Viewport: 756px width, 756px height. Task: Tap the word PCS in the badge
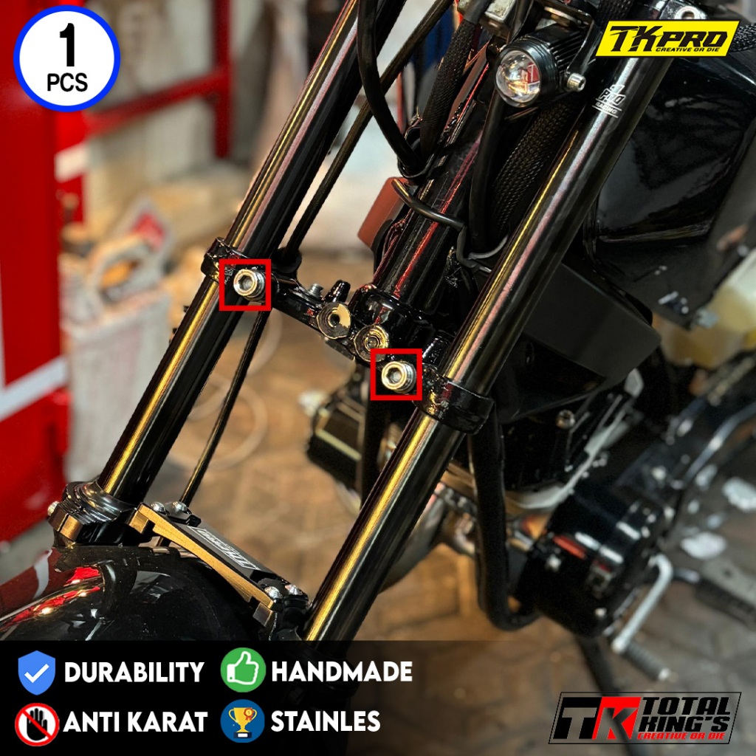66,81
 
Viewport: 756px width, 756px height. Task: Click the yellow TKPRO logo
670,39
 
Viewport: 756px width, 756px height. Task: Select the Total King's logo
644,717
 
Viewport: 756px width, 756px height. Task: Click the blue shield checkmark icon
36,673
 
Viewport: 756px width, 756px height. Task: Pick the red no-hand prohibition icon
36,723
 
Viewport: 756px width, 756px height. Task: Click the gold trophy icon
242,721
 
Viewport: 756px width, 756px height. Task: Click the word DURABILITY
134,673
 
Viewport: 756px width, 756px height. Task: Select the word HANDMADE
341,672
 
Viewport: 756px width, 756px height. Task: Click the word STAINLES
326,721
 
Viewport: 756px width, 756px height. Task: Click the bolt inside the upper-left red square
247,284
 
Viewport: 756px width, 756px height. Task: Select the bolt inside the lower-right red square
396,374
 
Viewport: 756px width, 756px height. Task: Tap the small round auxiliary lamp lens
517,75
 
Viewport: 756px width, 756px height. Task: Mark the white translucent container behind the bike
720,310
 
